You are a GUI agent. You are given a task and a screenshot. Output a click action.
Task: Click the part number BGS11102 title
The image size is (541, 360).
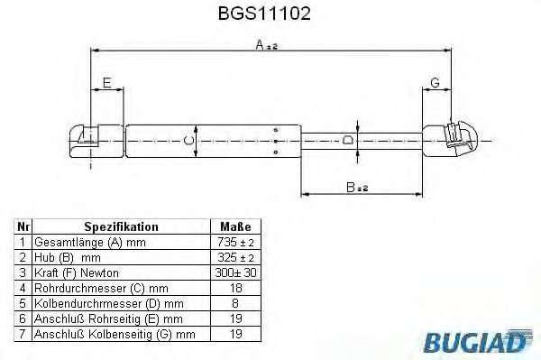[x=264, y=14]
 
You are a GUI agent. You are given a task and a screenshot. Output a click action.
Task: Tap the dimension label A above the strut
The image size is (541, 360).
[x=266, y=44]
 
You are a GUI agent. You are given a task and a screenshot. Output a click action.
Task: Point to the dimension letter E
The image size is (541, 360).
[x=107, y=83]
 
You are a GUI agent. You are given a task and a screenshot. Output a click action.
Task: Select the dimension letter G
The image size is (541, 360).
[x=436, y=83]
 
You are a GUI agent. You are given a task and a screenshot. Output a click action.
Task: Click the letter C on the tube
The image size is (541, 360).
[x=188, y=141]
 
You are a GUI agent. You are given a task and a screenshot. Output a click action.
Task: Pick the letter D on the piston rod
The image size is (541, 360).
[x=348, y=141]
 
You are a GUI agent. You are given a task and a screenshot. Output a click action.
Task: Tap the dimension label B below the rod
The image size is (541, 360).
[x=357, y=188]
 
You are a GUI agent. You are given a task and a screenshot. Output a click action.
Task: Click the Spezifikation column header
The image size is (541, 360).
[x=121, y=226]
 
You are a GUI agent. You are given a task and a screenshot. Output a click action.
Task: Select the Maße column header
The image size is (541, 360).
[x=235, y=226]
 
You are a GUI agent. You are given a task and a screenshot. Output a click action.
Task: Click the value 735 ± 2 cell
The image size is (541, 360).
[x=235, y=243]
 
